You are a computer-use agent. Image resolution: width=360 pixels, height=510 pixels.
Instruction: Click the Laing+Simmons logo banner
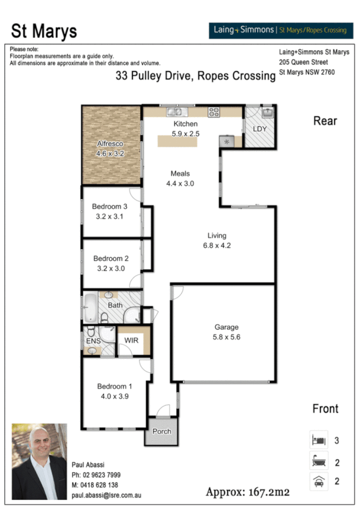pyautogui.click(x=277, y=30)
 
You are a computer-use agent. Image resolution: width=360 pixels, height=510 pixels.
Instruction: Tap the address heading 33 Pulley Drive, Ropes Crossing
pyautogui.click(x=195, y=76)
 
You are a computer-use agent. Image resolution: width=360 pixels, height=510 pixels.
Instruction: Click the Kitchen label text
pyautogui.click(x=169, y=124)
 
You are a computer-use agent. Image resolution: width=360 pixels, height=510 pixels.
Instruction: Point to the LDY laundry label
pyautogui.click(x=260, y=129)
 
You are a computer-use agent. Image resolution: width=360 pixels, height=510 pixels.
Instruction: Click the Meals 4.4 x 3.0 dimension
pyautogui.click(x=180, y=184)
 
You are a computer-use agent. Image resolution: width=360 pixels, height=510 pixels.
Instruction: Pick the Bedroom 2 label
pyautogui.click(x=109, y=259)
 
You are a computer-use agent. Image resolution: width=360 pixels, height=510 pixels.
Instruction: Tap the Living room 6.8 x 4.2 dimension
pyautogui.click(x=217, y=245)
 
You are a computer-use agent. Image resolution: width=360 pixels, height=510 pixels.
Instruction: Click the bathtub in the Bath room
pyautogui.click(x=90, y=308)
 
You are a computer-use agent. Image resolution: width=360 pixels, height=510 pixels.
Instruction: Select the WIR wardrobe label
pyautogui.click(x=132, y=341)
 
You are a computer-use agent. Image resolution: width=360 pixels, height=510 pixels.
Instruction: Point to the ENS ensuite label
pyautogui.click(x=93, y=342)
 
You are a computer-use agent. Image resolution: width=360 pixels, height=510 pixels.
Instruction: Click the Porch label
pyautogui.click(x=162, y=431)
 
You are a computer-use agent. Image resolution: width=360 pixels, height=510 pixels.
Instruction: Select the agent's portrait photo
pyautogui.click(x=38, y=463)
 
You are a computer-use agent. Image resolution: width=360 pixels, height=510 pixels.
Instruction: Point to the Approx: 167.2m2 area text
pyautogui.click(x=248, y=492)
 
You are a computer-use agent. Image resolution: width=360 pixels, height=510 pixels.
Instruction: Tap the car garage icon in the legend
pyautogui.click(x=318, y=482)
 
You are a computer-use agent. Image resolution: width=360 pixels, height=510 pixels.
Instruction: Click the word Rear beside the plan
pyautogui.click(x=325, y=121)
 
